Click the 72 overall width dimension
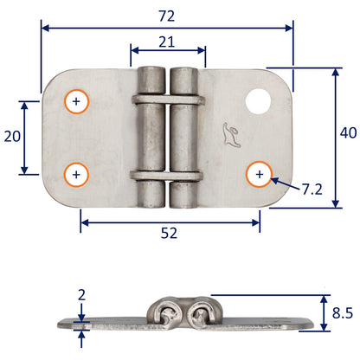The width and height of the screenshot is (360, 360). pos(167,15)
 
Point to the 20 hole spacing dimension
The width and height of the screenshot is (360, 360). pos(11,138)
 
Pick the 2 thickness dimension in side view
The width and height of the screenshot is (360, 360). pos(81,294)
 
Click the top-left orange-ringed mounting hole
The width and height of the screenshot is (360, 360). pos(77,102)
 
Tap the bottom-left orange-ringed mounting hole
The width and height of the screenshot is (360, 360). pos(77,174)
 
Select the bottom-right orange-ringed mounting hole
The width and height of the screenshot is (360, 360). pos(259,174)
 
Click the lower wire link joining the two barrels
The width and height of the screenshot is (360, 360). pos(167,177)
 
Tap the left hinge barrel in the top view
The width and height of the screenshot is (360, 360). pos(151,138)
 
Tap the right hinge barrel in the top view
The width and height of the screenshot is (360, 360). pos(183,138)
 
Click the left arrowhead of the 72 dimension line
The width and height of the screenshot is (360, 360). pos(46,28)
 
